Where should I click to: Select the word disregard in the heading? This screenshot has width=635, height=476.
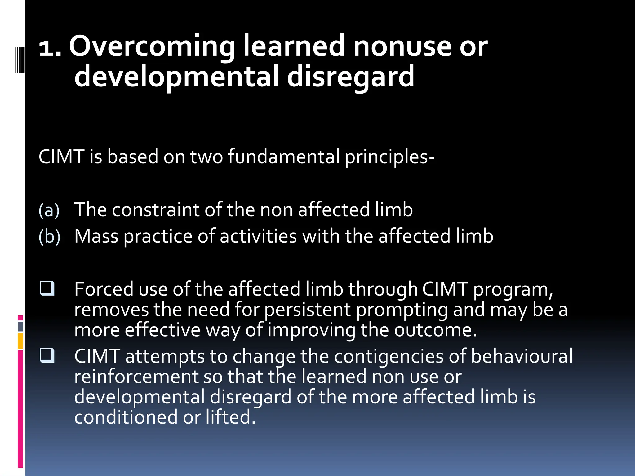350,76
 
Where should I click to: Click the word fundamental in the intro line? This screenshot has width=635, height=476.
284,156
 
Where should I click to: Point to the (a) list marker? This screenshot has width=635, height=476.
49,210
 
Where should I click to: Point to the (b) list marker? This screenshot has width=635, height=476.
49,236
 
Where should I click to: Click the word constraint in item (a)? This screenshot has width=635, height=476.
155,210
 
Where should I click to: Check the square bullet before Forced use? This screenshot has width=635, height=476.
47,288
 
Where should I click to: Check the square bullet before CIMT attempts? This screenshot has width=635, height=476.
47,355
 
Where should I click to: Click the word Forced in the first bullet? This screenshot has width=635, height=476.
104,289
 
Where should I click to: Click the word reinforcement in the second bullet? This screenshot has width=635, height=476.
136,377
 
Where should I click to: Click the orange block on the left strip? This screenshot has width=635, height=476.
20,341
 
